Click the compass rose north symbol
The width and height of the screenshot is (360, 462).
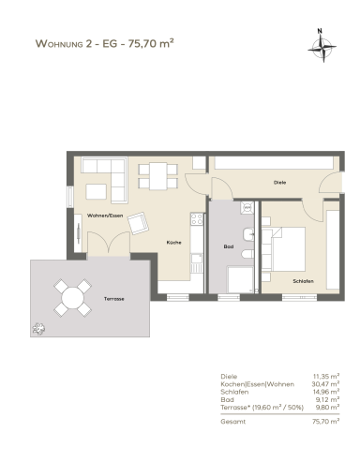point(322,46)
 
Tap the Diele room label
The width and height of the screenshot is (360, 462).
point(279,183)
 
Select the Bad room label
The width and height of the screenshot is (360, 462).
point(229,246)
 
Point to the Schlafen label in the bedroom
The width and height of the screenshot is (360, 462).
point(303,281)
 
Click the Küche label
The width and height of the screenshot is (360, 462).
point(173,243)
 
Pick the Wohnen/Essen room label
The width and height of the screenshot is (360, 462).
point(105,216)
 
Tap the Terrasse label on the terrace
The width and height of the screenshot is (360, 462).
point(113,299)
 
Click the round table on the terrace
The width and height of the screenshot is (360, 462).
point(72,298)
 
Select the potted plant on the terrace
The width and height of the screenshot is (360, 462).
point(38,328)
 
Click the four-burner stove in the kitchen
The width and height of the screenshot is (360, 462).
point(197,218)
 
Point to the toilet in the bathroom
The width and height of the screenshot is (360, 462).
point(247,254)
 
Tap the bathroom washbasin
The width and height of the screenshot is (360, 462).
point(248,234)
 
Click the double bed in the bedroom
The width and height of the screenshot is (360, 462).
point(283,249)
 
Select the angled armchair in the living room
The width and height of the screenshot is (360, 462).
point(138,223)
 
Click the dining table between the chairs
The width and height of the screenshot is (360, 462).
point(157,176)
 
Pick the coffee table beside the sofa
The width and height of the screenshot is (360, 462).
point(97,192)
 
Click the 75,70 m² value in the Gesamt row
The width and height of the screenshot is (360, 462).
point(325,422)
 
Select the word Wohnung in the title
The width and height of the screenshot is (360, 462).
point(59,43)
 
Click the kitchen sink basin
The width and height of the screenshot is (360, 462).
point(197,259)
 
